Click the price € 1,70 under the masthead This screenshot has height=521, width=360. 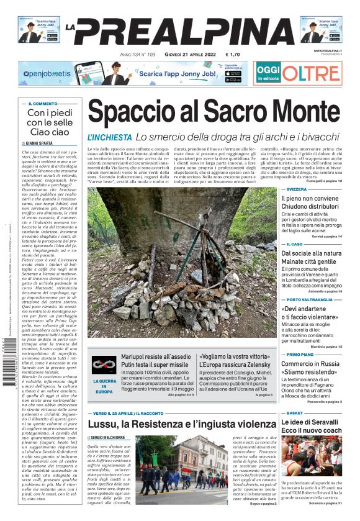point(233,55)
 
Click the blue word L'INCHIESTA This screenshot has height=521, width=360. point(109,137)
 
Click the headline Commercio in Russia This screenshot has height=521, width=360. point(312,364)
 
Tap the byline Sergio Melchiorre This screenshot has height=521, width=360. point(112,438)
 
